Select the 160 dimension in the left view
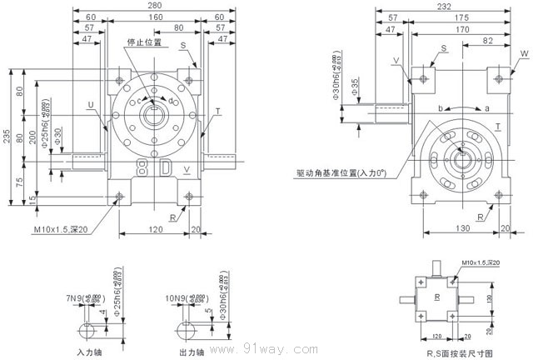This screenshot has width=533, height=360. point(156,17)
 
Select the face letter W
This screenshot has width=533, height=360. point(523,53)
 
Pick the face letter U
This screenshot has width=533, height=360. point(89,104)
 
